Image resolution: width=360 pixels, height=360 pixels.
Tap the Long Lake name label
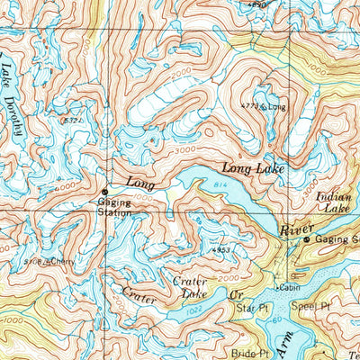(249, 167)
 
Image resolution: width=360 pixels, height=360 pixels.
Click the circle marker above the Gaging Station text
(105, 192)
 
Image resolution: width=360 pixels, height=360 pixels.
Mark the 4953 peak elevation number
(221, 249)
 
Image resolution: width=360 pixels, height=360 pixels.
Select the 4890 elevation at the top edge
(258, 4)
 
